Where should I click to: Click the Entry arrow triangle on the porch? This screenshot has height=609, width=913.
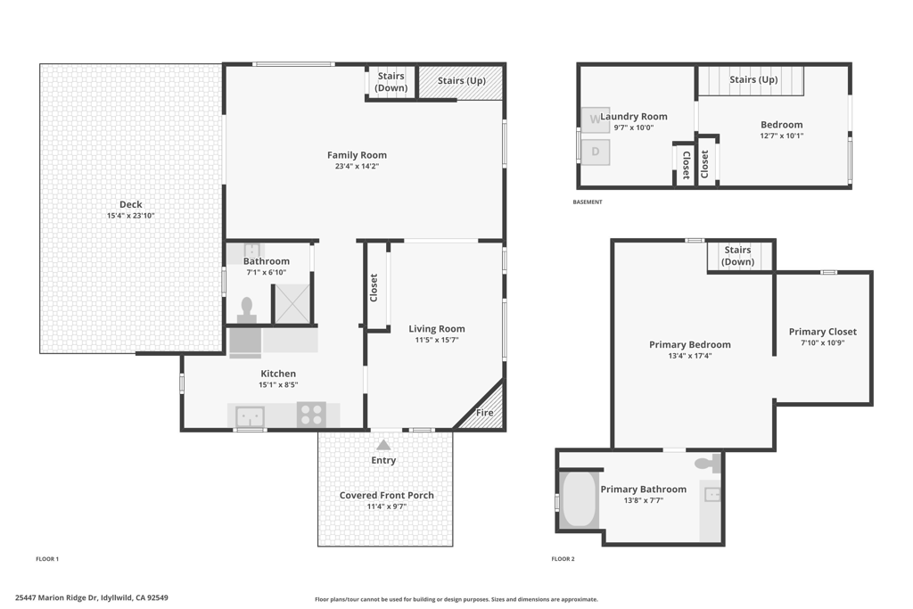pyautogui.click(x=383, y=445)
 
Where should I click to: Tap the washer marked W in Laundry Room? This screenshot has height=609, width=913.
pyautogui.click(x=595, y=120)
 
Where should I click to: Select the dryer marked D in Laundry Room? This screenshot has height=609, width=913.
pyautogui.click(x=595, y=152)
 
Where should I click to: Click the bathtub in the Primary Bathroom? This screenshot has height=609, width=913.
pyautogui.click(x=578, y=499)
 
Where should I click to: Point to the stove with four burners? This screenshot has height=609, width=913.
pyautogui.click(x=311, y=416)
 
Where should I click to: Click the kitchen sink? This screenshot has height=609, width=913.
pyautogui.click(x=250, y=417)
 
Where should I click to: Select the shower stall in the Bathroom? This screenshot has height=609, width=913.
pyautogui.click(x=292, y=303)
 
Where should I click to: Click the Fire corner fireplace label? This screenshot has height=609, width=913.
pyautogui.click(x=484, y=412)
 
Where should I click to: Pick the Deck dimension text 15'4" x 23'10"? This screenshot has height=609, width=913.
pyautogui.click(x=130, y=216)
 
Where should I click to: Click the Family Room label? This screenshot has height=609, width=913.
pyautogui.click(x=357, y=155)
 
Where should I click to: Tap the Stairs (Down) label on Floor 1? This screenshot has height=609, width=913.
pyautogui.click(x=391, y=81)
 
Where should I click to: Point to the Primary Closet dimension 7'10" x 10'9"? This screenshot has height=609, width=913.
pyautogui.click(x=823, y=343)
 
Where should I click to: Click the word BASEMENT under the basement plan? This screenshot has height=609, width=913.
pyautogui.click(x=588, y=202)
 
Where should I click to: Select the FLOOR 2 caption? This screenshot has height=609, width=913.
pyautogui.click(x=563, y=559)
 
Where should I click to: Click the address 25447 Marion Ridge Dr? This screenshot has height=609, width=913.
pyautogui.click(x=56, y=597)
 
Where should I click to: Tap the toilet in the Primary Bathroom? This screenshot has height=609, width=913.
pyautogui.click(x=708, y=464)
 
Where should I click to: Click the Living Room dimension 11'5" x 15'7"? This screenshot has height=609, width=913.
pyautogui.click(x=437, y=340)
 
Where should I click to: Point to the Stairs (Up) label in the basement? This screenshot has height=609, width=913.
pyautogui.click(x=753, y=79)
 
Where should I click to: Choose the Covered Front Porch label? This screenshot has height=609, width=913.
pyautogui.click(x=387, y=496)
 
